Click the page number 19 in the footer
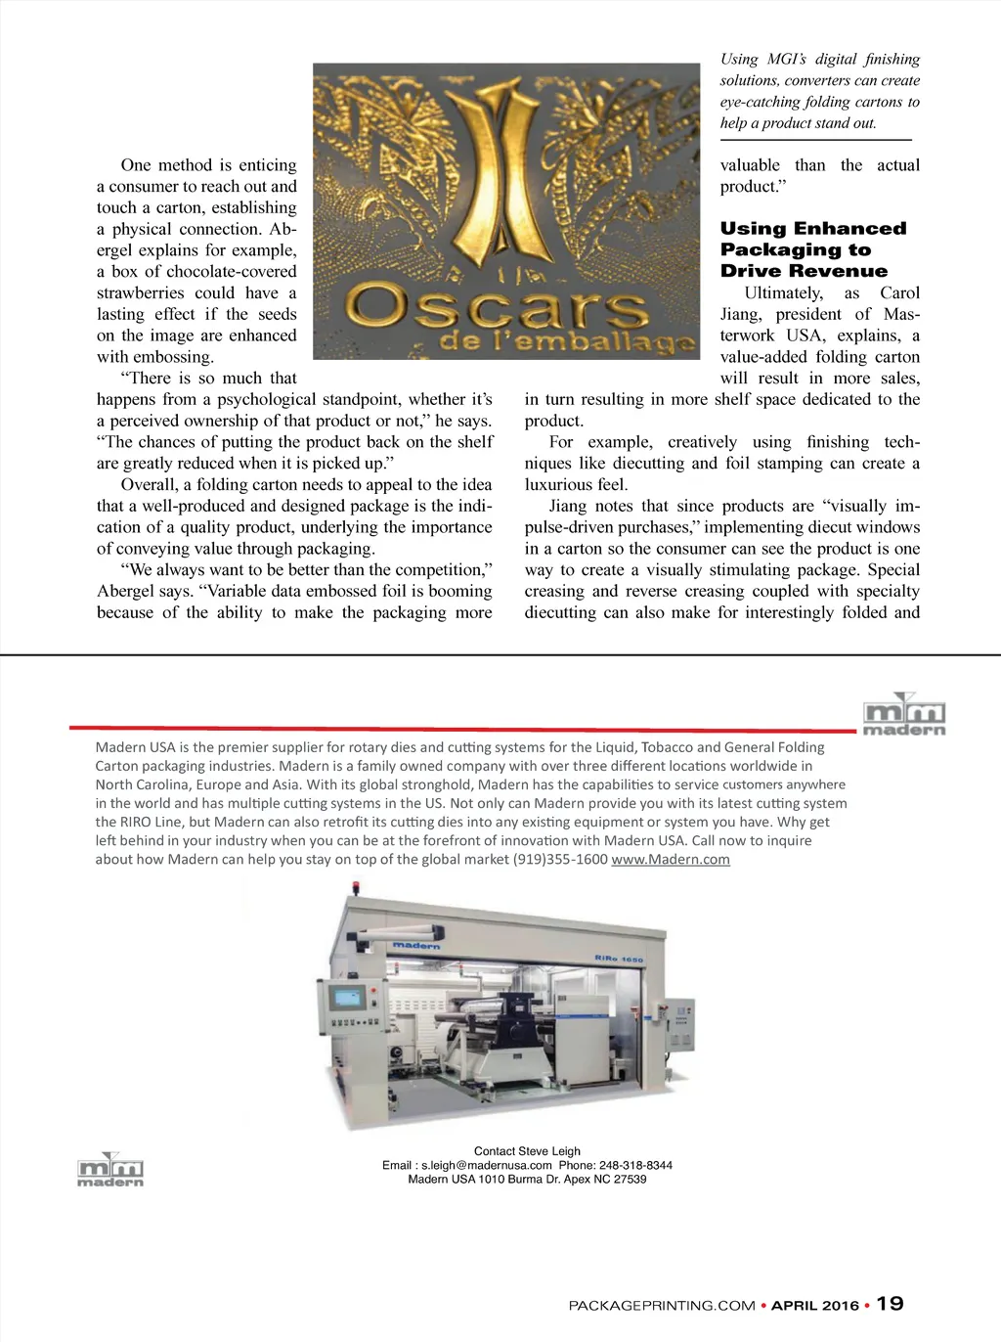coord(890,1303)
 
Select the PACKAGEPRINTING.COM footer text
coord(662,1305)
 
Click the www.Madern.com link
coord(671,859)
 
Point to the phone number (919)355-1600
coord(560,859)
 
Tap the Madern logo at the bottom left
coord(110,1170)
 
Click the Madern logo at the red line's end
coord(904,715)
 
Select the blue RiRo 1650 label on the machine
coord(619,959)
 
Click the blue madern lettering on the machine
coord(416,946)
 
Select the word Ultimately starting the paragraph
coord(783,292)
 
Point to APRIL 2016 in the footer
coord(815,1305)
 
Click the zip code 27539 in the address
coord(631,1179)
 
